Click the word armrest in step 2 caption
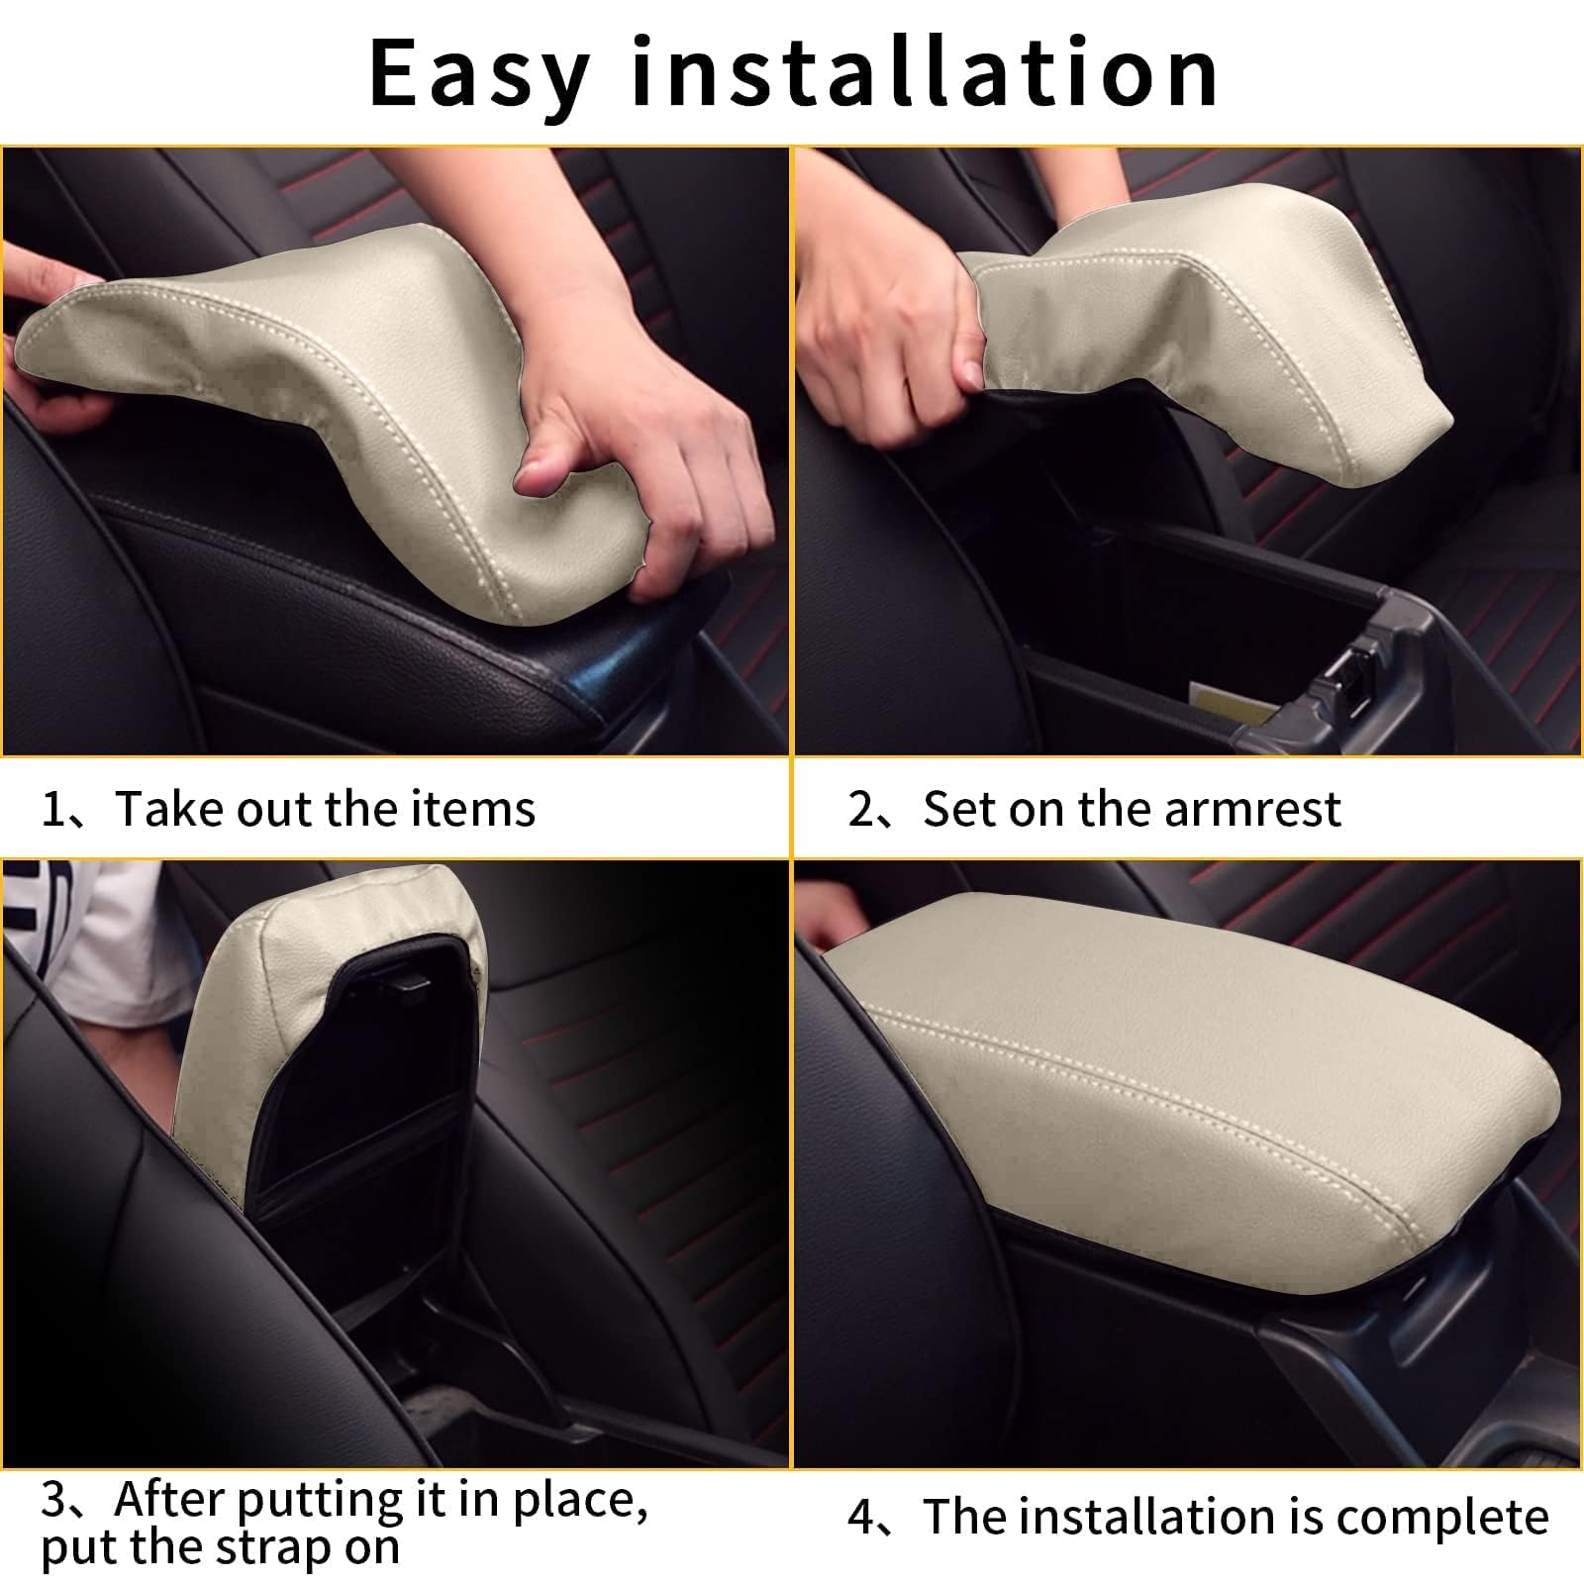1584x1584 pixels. [x=1252, y=810]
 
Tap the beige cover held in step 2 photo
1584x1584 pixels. [x=1218, y=337]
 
